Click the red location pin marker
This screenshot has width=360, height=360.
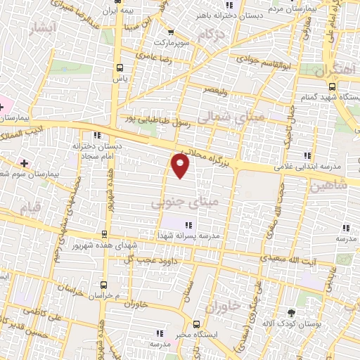[x=181, y=166]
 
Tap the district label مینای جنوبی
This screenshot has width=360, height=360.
[x=185, y=202]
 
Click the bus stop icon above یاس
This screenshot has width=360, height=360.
[x=120, y=67]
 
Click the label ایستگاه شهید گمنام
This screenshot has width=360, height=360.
[x=330, y=95]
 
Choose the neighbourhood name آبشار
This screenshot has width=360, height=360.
[x=41, y=27]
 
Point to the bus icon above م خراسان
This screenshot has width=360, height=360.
[x=104, y=285]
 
